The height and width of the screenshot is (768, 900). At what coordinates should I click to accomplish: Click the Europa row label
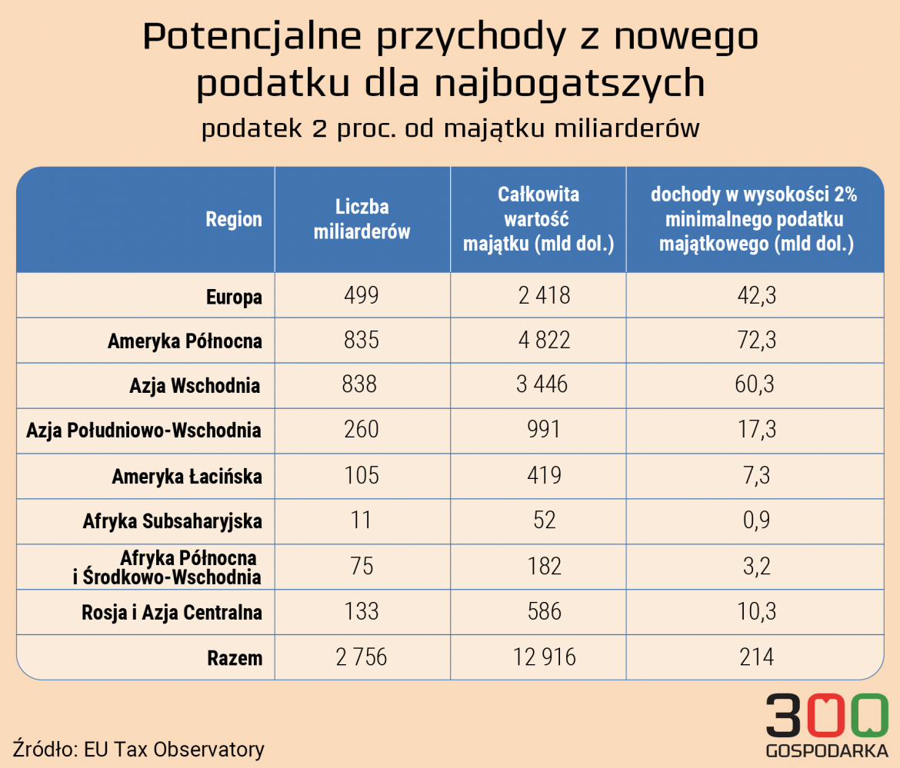234,297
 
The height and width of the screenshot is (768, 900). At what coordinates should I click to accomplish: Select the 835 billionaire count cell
362,341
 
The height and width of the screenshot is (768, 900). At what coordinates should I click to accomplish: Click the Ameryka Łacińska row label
186,477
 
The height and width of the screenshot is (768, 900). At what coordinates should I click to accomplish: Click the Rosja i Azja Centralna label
172,613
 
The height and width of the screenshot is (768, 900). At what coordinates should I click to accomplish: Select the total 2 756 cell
362,657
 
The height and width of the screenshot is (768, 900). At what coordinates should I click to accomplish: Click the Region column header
234,220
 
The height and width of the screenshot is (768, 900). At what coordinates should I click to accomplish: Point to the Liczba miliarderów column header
362,220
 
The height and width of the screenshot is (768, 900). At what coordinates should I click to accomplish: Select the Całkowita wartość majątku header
538,220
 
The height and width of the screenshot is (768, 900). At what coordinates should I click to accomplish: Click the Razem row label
234,658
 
